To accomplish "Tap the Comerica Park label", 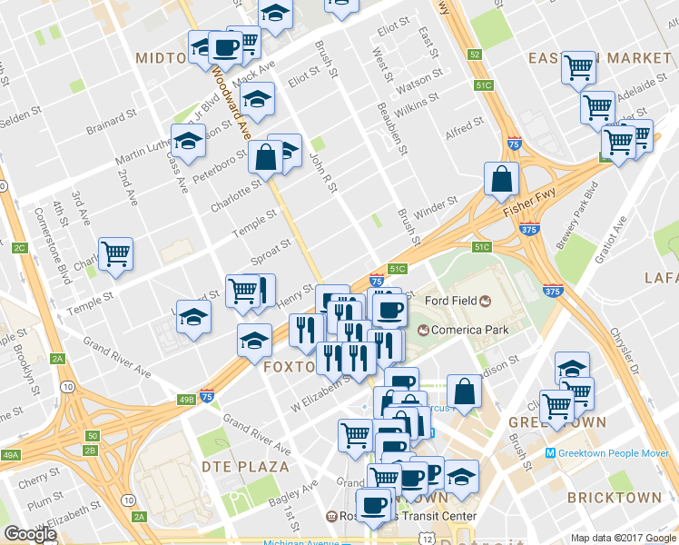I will coord(469,330).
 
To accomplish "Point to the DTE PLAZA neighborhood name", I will coord(241,467).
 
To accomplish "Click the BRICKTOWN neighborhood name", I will coord(614,498).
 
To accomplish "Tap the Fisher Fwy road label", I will coord(528,208).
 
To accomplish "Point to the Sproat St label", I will coord(271,253).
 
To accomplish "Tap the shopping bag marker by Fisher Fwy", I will coord(502,180).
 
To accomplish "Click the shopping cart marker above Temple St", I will coord(115,254).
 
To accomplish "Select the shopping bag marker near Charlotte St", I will coord(266,158).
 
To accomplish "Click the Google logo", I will coord(30,534).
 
